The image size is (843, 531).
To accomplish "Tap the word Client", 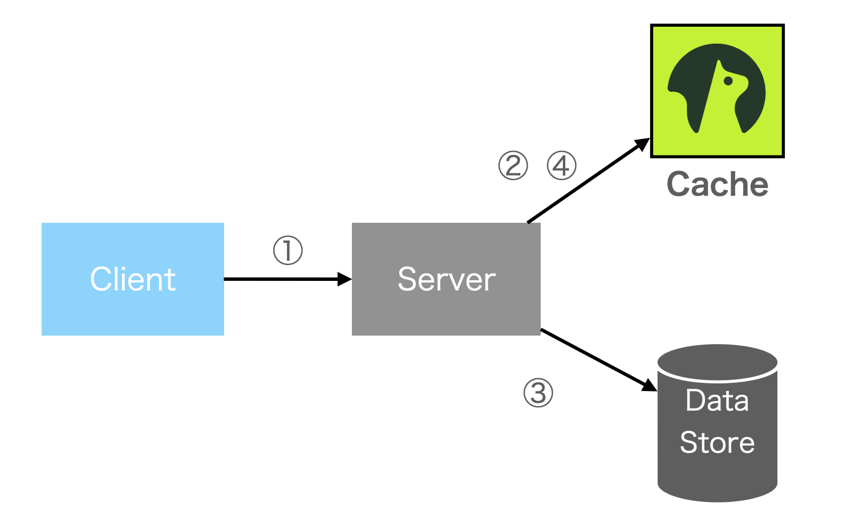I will [x=132, y=279].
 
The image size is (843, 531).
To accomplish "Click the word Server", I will [x=446, y=279].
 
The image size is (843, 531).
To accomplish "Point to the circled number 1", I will [x=287, y=251].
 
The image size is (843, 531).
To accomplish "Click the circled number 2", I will [x=513, y=166].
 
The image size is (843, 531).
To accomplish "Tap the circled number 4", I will [x=561, y=166].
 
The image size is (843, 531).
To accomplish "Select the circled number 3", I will [x=538, y=393].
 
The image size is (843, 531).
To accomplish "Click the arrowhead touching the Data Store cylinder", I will [x=650, y=386].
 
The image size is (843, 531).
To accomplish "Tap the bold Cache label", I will [x=717, y=184].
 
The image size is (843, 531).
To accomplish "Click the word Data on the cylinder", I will [x=717, y=401].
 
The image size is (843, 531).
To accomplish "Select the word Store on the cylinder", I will [x=717, y=443].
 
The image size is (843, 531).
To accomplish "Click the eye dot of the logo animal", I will [x=728, y=81].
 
